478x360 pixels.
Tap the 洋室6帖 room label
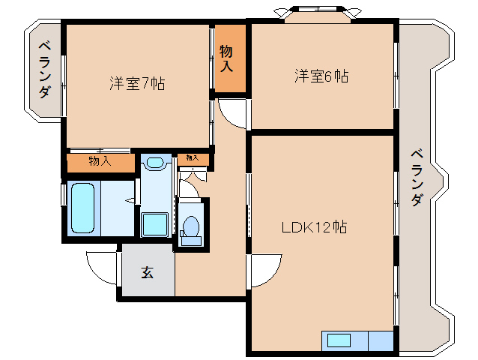pos(321,76)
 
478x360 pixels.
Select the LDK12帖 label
pos(313,227)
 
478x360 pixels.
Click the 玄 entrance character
pos(147,272)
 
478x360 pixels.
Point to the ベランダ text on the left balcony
pos(44,69)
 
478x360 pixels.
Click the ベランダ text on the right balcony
pos(417,178)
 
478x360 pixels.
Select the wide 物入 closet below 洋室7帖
pos(100,161)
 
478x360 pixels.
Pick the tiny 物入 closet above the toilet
pos(193,158)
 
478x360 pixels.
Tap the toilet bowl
pos(191,226)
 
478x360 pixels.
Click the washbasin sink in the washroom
pos(156,163)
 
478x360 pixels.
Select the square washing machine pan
pos(156,224)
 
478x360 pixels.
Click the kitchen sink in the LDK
pos(339,340)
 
